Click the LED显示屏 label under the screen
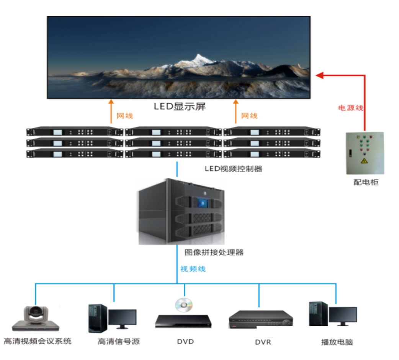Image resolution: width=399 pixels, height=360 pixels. (x=180, y=106)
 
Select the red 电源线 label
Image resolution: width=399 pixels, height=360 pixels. (x=350, y=108)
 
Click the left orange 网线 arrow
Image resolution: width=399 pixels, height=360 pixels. (x=111, y=111)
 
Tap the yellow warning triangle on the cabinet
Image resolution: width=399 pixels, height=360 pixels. (x=364, y=161)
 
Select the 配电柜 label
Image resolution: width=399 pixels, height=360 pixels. (x=365, y=183)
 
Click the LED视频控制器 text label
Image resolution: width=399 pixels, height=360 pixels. (x=234, y=169)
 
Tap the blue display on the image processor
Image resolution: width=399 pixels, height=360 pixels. (x=202, y=202)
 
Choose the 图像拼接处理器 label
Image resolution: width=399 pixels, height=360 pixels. (x=214, y=252)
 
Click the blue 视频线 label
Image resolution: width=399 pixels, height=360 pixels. (x=193, y=269)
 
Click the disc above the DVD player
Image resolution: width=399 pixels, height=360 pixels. (x=184, y=305)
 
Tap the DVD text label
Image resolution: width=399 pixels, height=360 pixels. (x=185, y=341)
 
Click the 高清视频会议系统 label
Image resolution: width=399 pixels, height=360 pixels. (x=38, y=341)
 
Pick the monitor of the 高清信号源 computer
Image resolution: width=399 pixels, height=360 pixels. (x=122, y=318)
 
